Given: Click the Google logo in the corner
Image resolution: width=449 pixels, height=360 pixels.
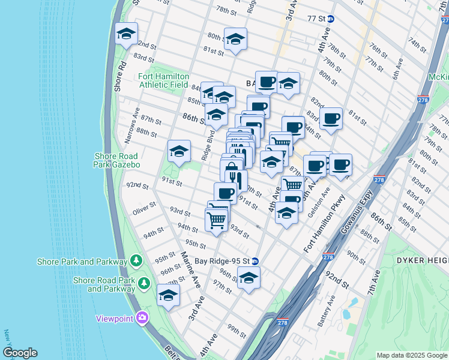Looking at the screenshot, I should point(20,353).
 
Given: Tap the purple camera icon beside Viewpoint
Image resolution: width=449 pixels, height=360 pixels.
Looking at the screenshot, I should point(142,318).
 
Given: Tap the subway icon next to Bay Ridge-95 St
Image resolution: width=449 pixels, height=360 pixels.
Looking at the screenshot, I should point(255,261).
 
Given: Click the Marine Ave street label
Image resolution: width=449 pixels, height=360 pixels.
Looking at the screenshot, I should point(191,269).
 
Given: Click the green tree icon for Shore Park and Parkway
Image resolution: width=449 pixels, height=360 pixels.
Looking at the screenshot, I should point(137,261).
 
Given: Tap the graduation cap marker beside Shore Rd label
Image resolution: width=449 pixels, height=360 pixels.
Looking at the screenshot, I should point(127,35).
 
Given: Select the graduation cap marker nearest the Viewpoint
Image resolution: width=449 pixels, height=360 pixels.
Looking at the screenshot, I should point(168,296).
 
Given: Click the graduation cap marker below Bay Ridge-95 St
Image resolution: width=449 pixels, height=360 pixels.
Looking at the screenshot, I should point(249,278).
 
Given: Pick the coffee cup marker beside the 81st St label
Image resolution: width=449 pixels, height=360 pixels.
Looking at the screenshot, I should point(330,119).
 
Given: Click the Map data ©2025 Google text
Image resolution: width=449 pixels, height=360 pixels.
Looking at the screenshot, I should point(412,355).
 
